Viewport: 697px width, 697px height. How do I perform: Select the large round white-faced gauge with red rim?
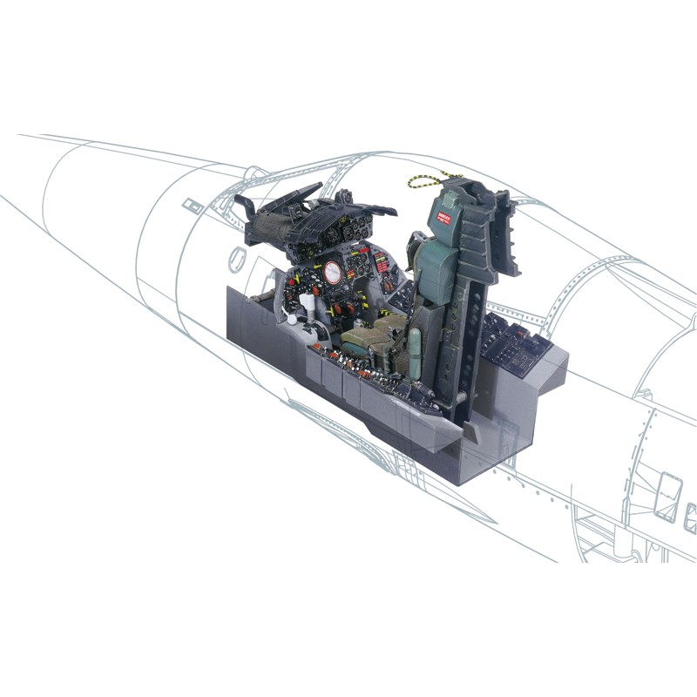click(332, 273)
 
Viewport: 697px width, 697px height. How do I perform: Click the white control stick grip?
click(306, 304)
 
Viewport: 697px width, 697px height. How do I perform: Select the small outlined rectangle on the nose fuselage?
click(190, 206)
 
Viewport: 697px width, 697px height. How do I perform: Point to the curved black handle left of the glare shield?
click(246, 207)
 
